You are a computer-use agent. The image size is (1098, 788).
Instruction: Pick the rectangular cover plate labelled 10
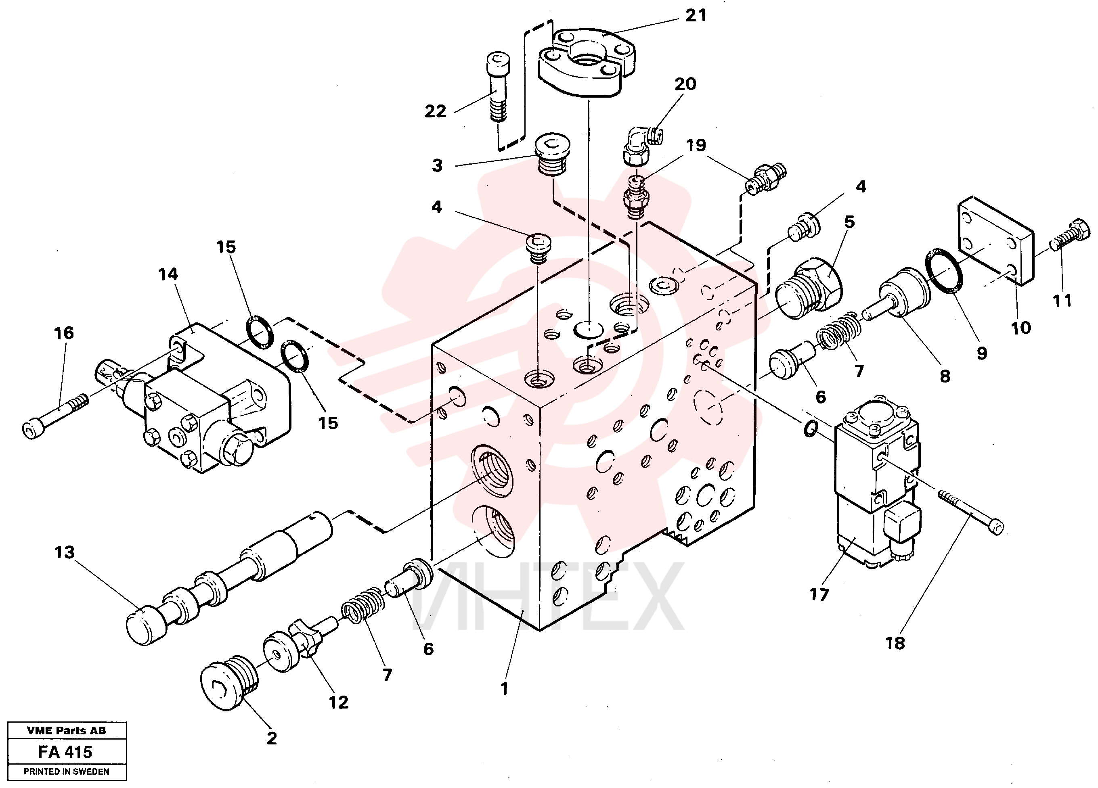click(996, 240)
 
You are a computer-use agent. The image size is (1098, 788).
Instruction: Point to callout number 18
click(895, 643)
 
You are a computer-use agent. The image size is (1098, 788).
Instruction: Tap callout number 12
click(338, 702)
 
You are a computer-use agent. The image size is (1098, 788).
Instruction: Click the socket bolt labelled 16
click(56, 417)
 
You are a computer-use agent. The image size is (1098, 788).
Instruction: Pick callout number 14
click(168, 274)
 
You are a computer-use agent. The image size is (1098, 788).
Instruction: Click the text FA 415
click(65, 752)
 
